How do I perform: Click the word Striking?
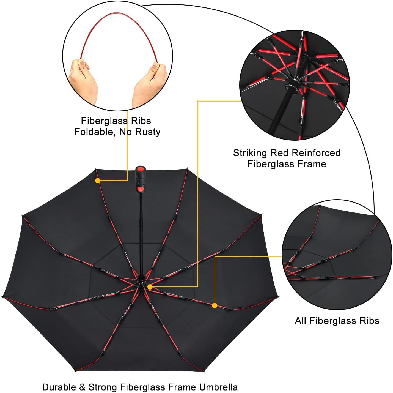point(250,153)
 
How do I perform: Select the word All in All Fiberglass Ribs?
point(301,321)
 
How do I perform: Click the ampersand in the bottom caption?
point(82,387)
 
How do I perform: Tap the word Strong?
point(103,387)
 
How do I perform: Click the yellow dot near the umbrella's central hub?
point(150,287)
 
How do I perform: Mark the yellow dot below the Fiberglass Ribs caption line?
point(98,181)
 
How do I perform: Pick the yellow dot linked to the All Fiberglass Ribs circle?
point(215,306)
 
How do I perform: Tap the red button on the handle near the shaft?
point(140,189)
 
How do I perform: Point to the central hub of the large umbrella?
point(141,283)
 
